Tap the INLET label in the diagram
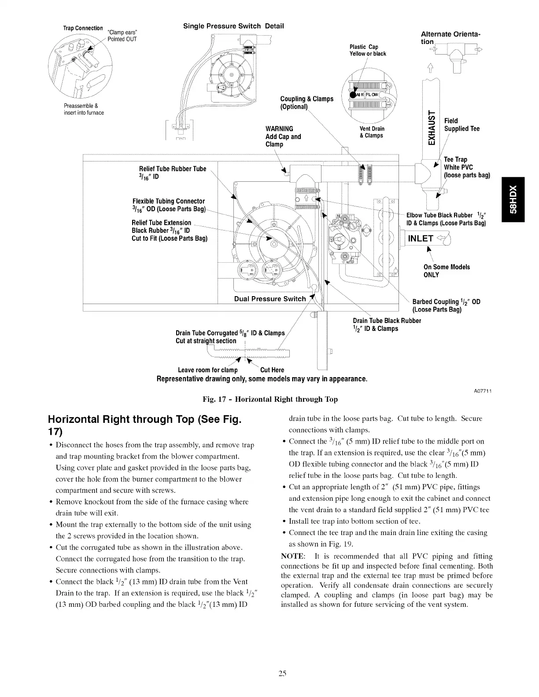tap(421, 239)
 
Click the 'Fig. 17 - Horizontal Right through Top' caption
tap(270, 400)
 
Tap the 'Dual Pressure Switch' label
tap(269, 299)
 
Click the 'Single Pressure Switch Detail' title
tap(233, 26)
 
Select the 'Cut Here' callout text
tap(272, 370)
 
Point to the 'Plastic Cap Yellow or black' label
tap(367, 51)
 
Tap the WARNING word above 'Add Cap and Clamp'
tap(279, 128)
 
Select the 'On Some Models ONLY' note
tap(447, 271)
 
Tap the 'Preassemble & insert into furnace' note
tap(84, 109)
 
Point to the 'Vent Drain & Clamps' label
tap(372, 132)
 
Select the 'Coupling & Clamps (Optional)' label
tap(306, 103)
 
